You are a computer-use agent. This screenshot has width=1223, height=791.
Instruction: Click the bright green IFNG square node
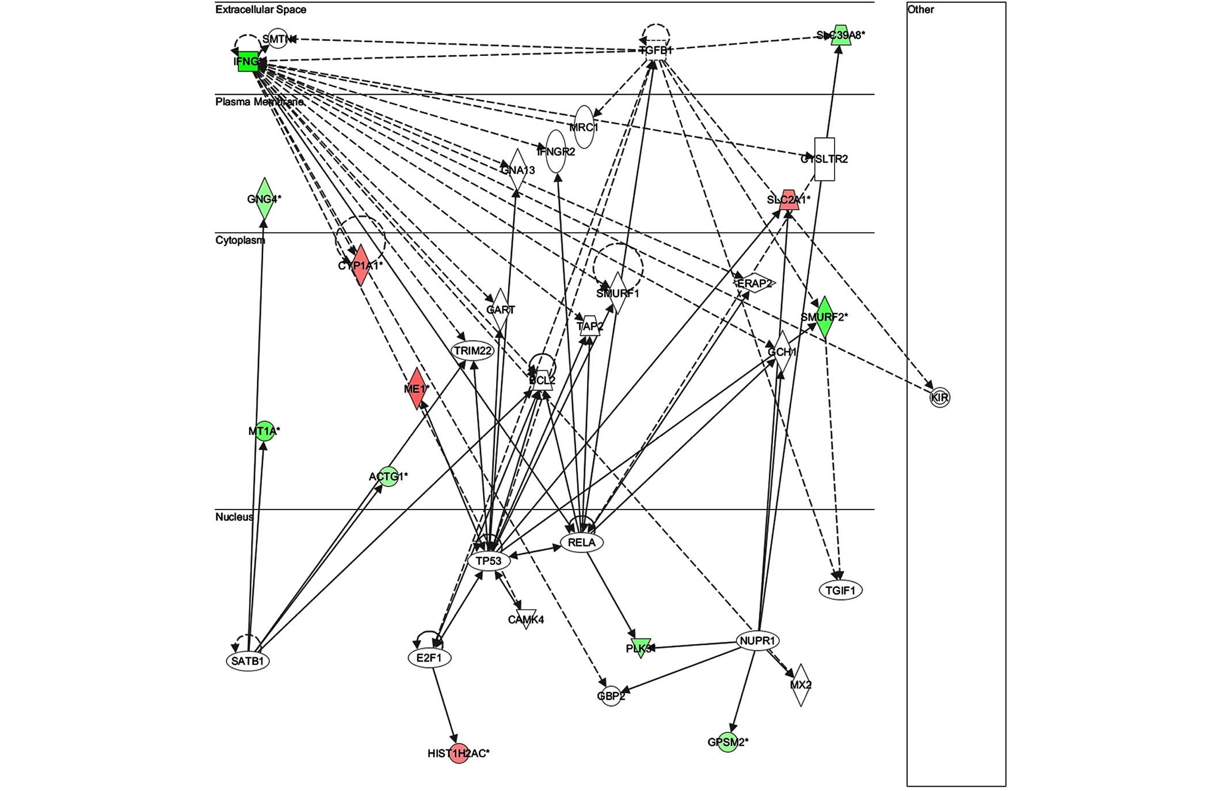click(x=248, y=62)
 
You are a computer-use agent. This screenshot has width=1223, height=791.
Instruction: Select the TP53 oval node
click(x=489, y=561)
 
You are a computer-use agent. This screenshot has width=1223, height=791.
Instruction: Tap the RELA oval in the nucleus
click(x=581, y=542)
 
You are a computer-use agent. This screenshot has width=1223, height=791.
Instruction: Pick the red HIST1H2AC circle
click(x=459, y=754)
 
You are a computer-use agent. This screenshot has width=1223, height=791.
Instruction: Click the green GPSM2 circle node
click(x=727, y=743)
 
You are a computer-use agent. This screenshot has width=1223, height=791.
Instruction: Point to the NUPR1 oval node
click(x=759, y=641)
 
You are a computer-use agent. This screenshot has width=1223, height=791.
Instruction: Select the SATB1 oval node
click(x=247, y=661)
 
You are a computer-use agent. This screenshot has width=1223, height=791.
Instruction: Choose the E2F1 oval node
click(x=429, y=657)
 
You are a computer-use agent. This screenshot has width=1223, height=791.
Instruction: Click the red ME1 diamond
click(x=416, y=389)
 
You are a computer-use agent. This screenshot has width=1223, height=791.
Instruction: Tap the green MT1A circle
click(x=264, y=431)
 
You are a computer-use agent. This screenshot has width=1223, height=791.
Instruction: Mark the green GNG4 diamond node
click(x=264, y=199)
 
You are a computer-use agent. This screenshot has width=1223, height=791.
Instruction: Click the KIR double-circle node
click(x=939, y=397)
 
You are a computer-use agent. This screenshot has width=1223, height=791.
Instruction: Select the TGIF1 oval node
click(x=840, y=590)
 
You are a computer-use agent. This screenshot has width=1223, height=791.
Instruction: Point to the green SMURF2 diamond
click(x=824, y=317)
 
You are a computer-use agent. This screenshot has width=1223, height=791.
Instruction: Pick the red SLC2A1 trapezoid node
click(x=788, y=200)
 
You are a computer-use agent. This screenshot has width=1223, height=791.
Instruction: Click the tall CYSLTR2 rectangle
click(x=825, y=159)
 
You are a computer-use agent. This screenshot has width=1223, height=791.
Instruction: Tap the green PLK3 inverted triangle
click(x=640, y=648)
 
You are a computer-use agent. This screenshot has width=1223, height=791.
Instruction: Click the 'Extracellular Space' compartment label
click(x=261, y=10)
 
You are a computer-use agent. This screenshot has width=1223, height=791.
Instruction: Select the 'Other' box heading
click(x=920, y=10)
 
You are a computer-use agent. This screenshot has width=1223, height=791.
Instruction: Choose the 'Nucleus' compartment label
click(x=234, y=517)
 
